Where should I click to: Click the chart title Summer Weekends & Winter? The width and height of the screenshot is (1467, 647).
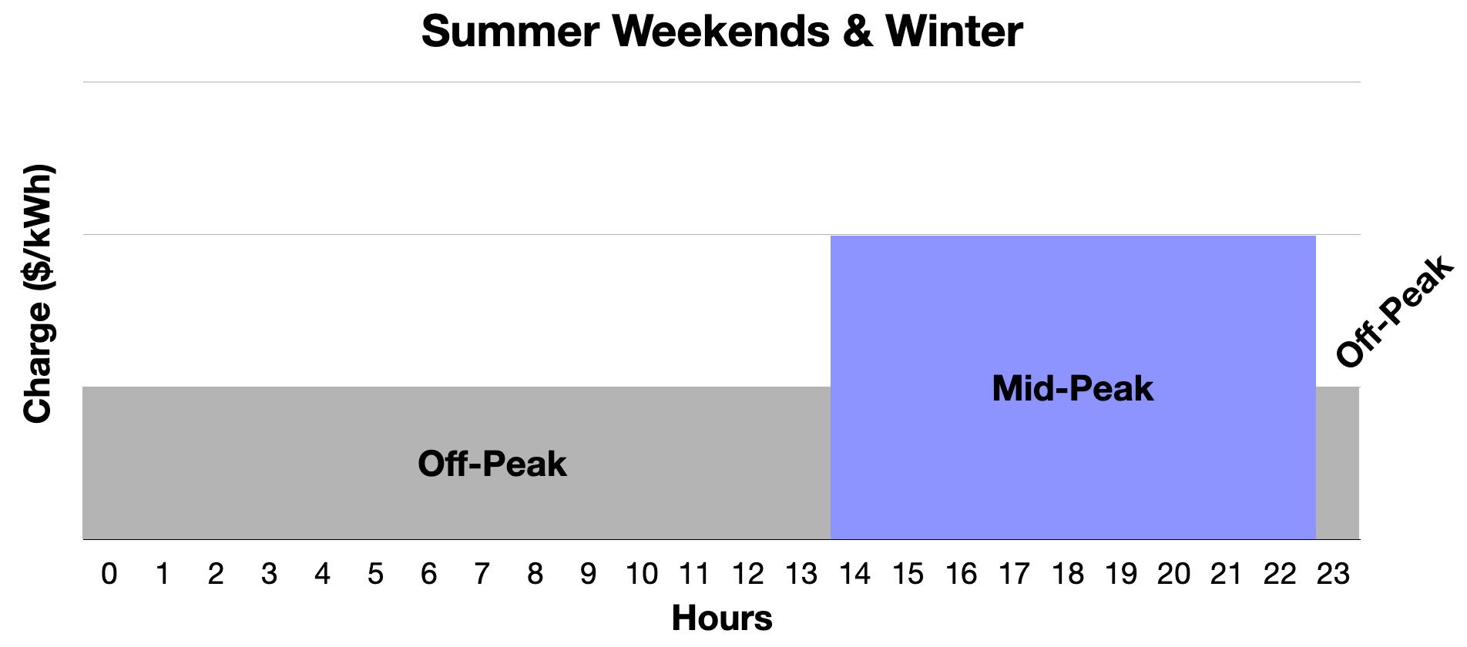click(722, 32)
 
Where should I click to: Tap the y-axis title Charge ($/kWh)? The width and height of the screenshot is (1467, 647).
click(38, 293)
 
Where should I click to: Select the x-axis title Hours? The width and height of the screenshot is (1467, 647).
click(722, 618)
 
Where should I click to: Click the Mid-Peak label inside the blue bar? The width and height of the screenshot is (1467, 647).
click(1073, 388)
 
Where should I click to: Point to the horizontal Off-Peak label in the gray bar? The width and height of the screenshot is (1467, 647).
click(492, 464)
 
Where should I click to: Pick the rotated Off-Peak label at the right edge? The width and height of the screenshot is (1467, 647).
click(1395, 311)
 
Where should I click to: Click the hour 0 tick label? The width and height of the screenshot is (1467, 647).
click(109, 574)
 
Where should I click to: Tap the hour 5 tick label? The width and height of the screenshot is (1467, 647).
click(375, 574)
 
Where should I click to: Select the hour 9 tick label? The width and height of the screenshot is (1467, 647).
click(588, 574)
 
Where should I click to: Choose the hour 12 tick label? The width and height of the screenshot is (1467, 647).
click(748, 574)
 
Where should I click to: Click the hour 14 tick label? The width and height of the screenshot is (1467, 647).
click(854, 574)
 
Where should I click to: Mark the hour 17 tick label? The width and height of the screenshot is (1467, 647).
click(1014, 574)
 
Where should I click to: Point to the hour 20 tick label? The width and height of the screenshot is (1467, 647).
click(1173, 574)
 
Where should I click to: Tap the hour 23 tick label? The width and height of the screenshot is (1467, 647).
click(1333, 574)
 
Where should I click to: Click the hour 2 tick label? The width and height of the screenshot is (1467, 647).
click(216, 574)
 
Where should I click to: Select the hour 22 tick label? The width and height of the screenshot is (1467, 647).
click(1280, 574)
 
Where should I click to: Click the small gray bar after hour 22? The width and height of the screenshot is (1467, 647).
click(1338, 463)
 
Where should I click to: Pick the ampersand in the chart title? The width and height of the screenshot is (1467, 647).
click(858, 32)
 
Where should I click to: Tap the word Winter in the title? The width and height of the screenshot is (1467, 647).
click(954, 32)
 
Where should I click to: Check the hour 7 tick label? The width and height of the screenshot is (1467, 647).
click(482, 574)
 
